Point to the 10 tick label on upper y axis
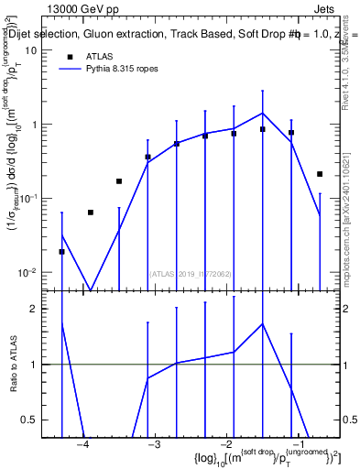pos(31,50)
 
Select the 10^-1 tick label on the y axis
pos(28,198)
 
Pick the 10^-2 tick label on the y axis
pos(28,272)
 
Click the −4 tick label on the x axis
pos(82,444)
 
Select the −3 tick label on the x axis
pos(154,444)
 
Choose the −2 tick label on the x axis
pos(225,444)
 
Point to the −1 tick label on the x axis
pos(297,444)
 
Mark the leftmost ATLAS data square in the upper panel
pos(61,251)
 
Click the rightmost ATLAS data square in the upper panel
pos(320,173)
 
